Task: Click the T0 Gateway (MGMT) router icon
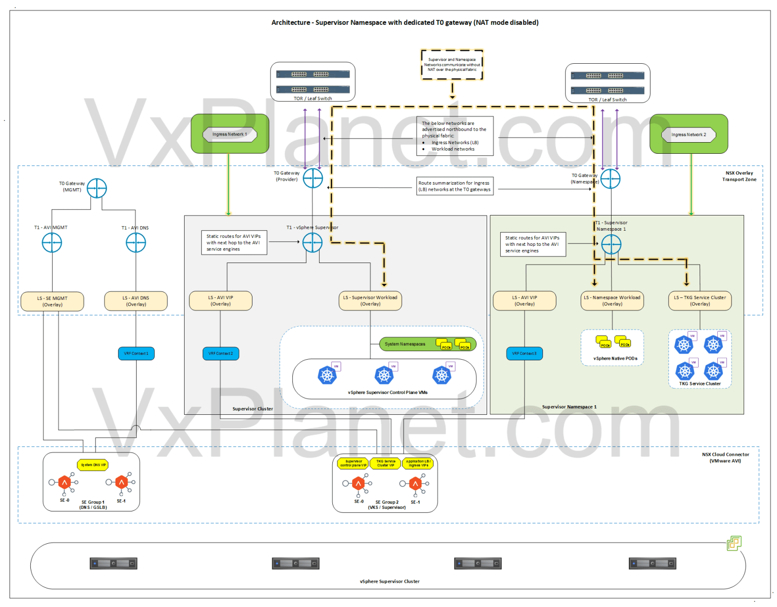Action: coord(97,188)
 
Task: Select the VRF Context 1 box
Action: coord(136,353)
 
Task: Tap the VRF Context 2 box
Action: coord(221,353)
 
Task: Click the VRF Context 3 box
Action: coord(524,353)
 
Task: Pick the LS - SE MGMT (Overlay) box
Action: coord(52,301)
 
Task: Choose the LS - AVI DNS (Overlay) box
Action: coord(136,301)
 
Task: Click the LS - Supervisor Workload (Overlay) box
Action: coord(370,300)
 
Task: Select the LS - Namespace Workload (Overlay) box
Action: coord(612,300)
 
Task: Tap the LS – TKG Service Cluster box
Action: coord(700,300)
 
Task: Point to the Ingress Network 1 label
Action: coord(230,134)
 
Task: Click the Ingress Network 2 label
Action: coord(688,135)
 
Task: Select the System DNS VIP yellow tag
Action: coord(93,465)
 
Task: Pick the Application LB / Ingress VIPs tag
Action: coord(418,463)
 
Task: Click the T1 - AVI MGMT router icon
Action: coord(52,243)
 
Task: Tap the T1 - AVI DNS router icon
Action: coord(136,243)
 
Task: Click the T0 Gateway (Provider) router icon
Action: coord(313,178)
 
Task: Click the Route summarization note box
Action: coord(454,186)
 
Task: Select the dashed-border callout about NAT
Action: coord(452,65)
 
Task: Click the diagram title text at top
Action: coord(405,22)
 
